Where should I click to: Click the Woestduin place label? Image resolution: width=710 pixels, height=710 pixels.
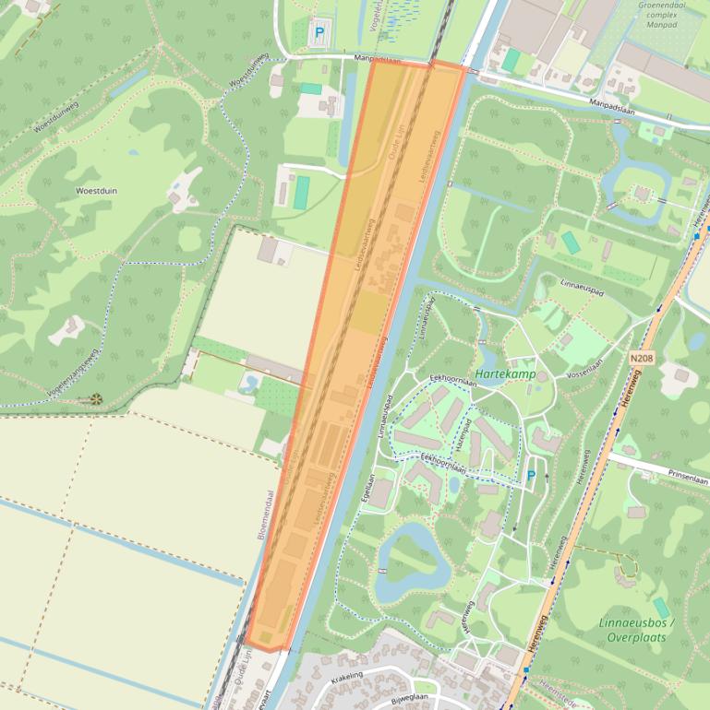pos(96,190)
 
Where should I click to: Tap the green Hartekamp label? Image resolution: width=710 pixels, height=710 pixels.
pos(505,375)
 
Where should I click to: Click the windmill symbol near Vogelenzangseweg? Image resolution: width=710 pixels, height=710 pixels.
pos(96,399)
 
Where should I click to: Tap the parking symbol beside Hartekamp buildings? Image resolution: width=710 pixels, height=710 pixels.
pos(531,476)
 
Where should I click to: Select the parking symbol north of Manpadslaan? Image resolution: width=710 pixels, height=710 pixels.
pos(320,32)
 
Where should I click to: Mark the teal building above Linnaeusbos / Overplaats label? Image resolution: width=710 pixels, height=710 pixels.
pos(661,609)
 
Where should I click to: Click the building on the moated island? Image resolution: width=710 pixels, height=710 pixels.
pos(642,193)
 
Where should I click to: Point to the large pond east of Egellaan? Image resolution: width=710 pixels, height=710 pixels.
pos(403,558)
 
